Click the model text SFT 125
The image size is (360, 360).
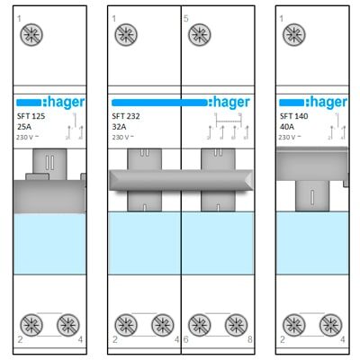coord(31,116)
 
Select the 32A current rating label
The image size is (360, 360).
coord(119,127)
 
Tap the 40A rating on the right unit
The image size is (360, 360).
coord(287,127)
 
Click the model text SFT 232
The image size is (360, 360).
coord(126,116)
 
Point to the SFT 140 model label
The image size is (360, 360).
coord(293,116)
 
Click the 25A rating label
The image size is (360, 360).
coord(24,127)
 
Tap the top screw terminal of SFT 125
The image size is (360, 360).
coord(31,35)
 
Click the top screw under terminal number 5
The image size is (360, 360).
coord(200,35)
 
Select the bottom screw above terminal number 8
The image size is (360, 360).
coord(236,325)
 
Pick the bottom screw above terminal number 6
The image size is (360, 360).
coord(200,325)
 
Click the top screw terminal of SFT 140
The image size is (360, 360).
coord(294,35)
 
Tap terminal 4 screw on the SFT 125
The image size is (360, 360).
coord(68,325)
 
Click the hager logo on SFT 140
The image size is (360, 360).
coord(313,103)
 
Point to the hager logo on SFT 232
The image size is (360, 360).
coord(181,103)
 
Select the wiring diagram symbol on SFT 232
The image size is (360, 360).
coord(228,126)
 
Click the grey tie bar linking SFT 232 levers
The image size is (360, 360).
coord(181,180)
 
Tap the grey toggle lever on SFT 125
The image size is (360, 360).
coord(49,181)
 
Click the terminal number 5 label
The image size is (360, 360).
coord(186,19)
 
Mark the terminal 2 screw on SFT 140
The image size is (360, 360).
coord(294,325)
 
